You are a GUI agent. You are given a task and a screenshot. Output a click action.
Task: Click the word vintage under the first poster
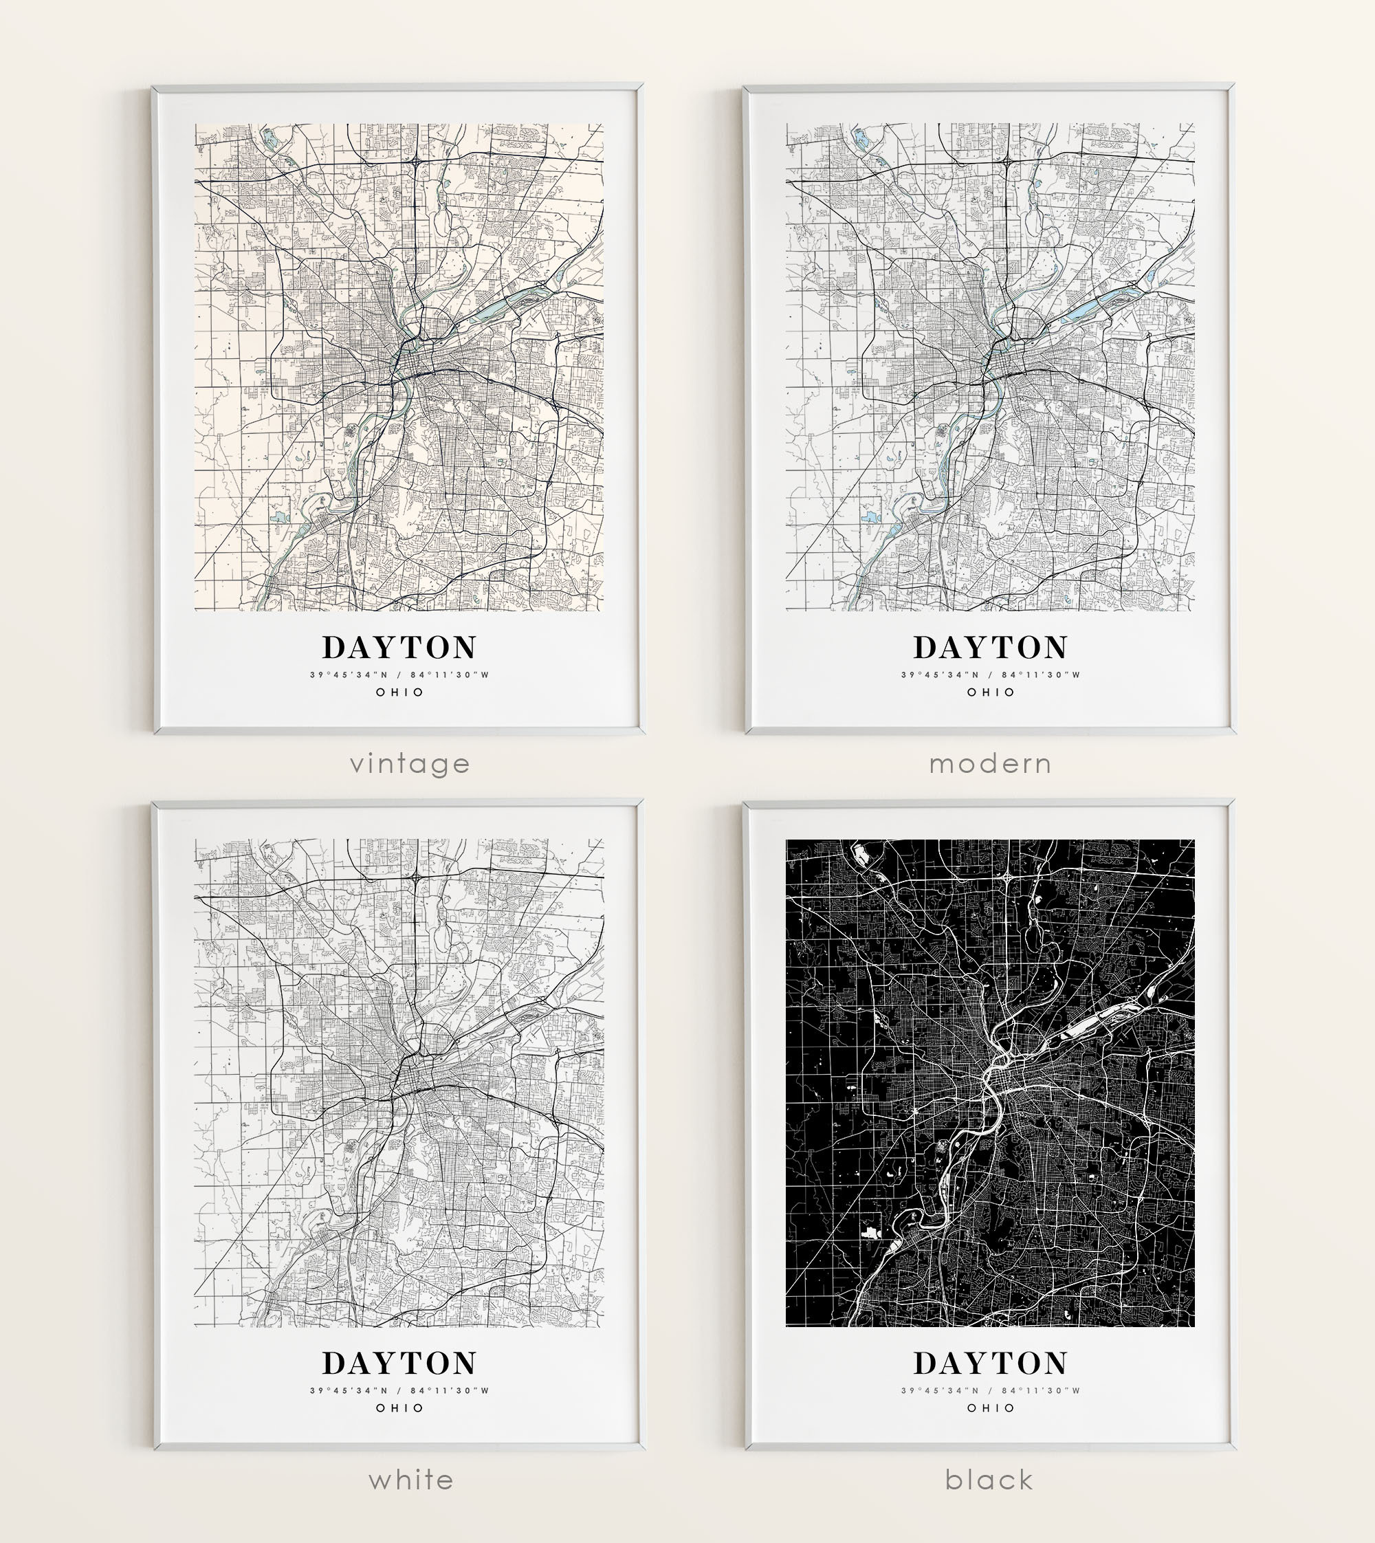pyautogui.click(x=410, y=764)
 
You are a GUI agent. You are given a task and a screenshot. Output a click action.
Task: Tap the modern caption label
pyautogui.click(x=991, y=764)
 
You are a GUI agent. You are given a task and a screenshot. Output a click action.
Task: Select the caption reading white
pyautogui.click(x=411, y=1479)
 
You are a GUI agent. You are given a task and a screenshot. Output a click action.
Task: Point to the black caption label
pyautogui.click(x=989, y=1479)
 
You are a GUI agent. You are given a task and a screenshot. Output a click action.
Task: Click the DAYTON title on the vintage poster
pyautogui.click(x=399, y=648)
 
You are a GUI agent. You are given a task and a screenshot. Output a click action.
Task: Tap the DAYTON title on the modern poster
pyautogui.click(x=991, y=648)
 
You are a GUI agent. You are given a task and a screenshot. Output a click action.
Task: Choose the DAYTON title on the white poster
pyautogui.click(x=399, y=1363)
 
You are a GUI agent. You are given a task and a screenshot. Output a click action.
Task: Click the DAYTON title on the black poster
pyautogui.click(x=991, y=1363)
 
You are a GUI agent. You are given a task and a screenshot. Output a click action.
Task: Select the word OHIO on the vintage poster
pyautogui.click(x=399, y=692)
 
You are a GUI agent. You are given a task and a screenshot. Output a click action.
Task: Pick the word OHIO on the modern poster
pyautogui.click(x=991, y=692)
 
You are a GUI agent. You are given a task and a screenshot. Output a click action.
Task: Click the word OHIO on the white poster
pyautogui.click(x=399, y=1408)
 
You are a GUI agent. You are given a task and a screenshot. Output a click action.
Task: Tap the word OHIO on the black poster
pyautogui.click(x=991, y=1408)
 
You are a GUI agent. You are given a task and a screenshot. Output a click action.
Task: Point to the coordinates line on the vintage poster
pyautogui.click(x=399, y=675)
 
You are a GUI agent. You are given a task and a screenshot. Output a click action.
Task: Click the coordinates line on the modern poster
pyautogui.click(x=991, y=675)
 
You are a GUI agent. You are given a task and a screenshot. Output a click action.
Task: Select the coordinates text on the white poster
pyautogui.click(x=399, y=1390)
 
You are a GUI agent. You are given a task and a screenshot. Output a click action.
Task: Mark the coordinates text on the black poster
pyautogui.click(x=991, y=1390)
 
